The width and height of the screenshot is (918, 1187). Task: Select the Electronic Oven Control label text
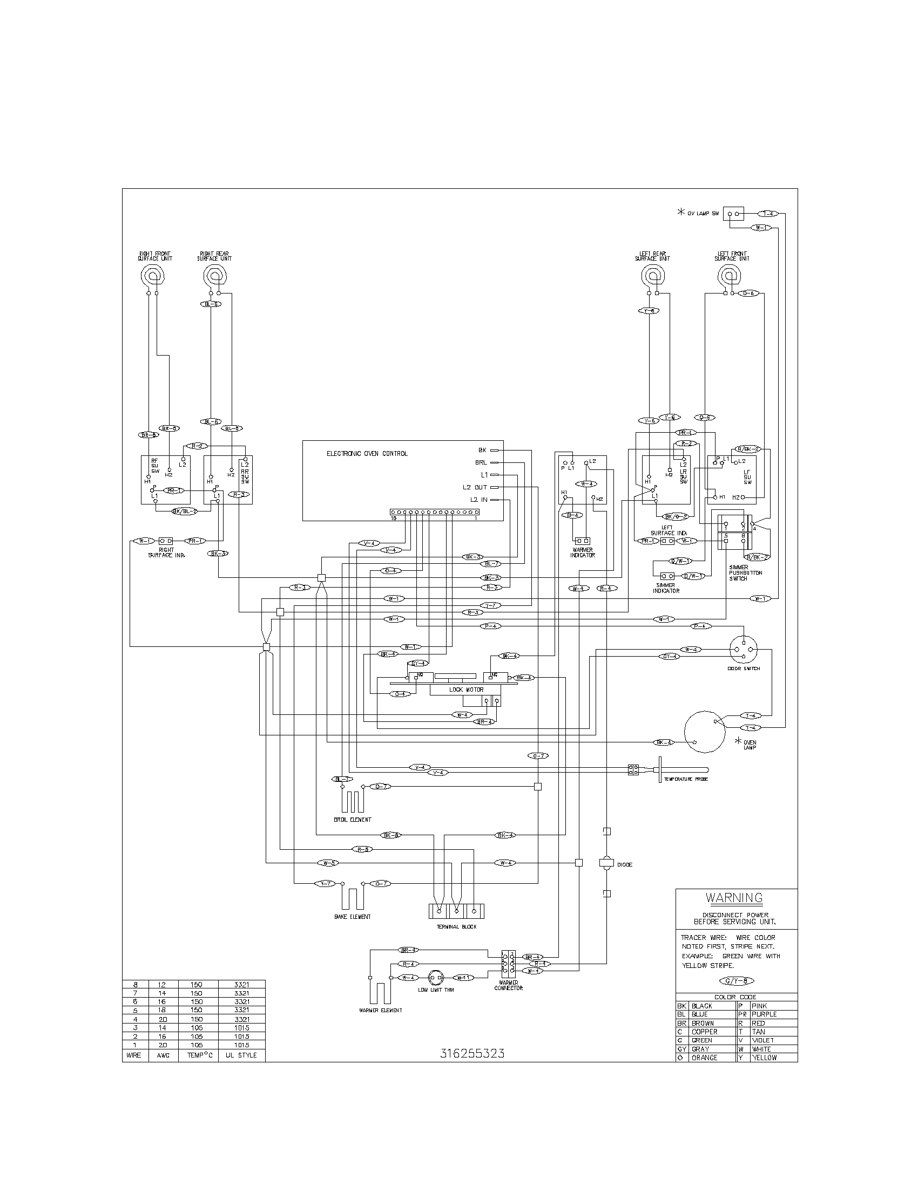367,454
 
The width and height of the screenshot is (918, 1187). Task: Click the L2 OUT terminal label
475,488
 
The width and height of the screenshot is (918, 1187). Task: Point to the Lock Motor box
465,690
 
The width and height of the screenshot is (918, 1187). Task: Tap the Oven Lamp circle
705,731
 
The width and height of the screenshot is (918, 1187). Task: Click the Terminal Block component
456,911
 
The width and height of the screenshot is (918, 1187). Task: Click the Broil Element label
353,820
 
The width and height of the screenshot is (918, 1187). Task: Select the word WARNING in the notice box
734,898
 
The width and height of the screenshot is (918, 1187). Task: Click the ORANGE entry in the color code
704,1058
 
